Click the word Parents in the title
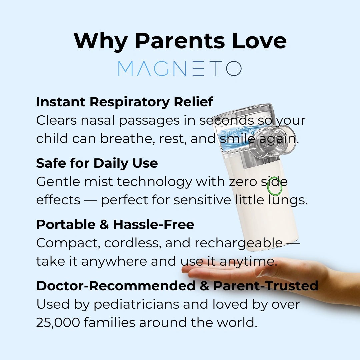(180, 41)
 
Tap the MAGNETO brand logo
(180, 68)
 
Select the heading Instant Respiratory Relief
(125, 102)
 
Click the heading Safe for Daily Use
(97, 163)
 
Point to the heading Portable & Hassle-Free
(115, 224)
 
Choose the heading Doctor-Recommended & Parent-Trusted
(177, 286)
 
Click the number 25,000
(58, 323)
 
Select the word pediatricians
(136, 305)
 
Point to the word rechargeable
(239, 243)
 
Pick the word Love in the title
(259, 41)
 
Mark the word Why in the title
(101, 41)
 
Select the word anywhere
(114, 262)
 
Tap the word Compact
(68, 243)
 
